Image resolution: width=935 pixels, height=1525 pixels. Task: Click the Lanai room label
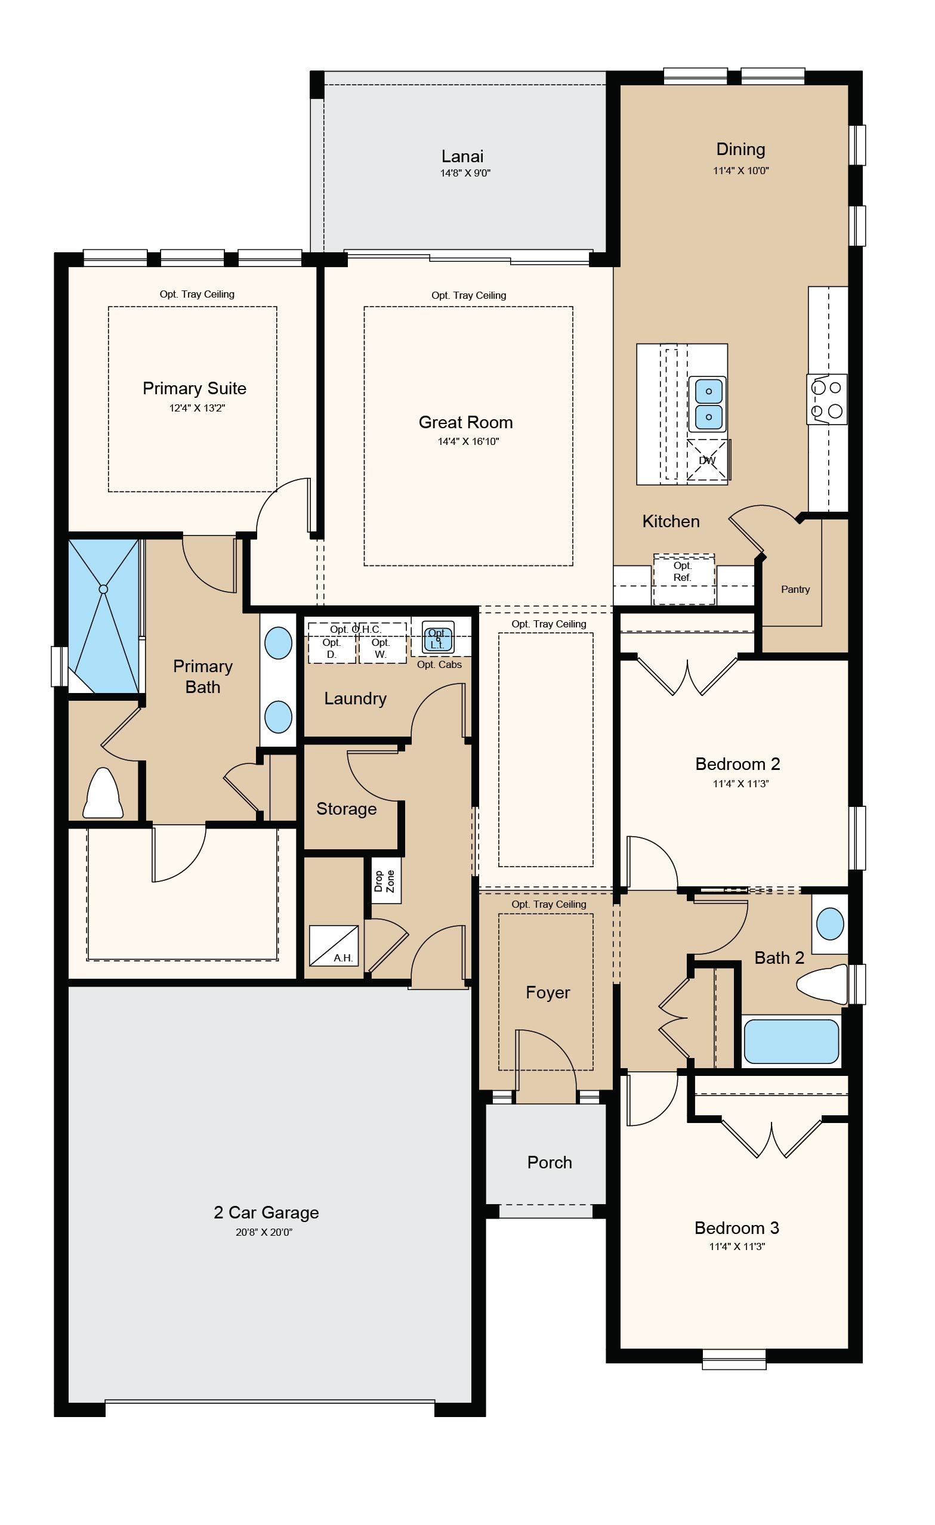[x=462, y=156]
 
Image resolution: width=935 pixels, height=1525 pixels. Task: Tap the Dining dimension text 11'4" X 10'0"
[x=740, y=171]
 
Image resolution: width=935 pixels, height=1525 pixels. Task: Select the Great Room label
[x=465, y=422]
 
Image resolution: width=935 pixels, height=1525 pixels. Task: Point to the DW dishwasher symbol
[x=707, y=460]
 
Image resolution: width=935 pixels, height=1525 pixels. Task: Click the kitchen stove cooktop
[x=826, y=399]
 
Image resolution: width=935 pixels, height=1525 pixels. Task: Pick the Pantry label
[x=795, y=589]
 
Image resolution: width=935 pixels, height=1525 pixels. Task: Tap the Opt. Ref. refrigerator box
[x=684, y=579]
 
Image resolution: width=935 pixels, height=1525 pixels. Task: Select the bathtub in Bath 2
[x=791, y=1041]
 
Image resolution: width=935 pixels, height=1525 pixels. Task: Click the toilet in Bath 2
[x=822, y=984]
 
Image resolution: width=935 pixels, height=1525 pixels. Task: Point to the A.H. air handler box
[x=334, y=945]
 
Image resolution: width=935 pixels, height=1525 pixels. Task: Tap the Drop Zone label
[x=384, y=881]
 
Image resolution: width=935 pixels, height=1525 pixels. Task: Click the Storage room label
[x=346, y=809]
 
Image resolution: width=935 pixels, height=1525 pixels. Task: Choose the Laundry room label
[x=356, y=699]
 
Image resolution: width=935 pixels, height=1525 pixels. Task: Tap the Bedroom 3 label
[x=737, y=1227]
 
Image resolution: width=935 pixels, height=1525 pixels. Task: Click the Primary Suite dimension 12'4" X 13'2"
[x=197, y=408]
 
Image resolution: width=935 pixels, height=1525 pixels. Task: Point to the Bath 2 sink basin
[x=830, y=924]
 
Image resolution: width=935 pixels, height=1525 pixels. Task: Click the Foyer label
[x=548, y=992]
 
